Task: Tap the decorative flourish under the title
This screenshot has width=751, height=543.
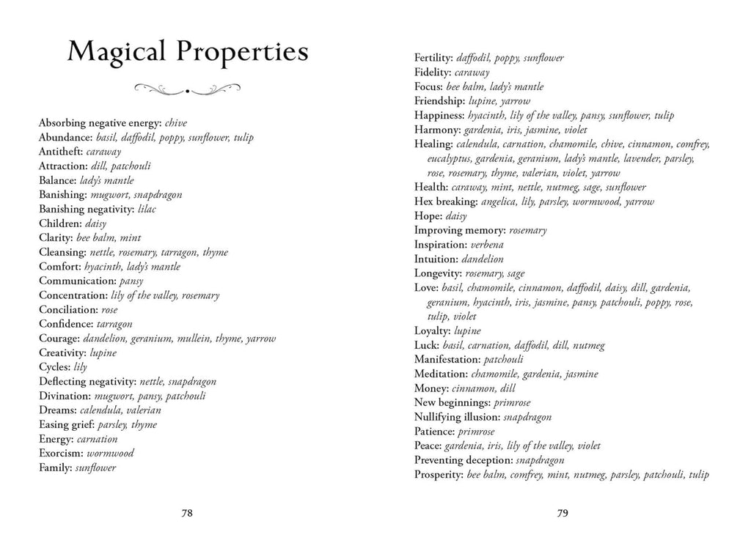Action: click(188, 90)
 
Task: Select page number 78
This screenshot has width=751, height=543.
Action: click(187, 513)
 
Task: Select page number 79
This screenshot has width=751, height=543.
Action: click(563, 513)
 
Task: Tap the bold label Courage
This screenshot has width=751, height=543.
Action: click(59, 339)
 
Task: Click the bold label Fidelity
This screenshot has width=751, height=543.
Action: click(433, 72)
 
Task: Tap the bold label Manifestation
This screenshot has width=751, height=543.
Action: click(447, 359)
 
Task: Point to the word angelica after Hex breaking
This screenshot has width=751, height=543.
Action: click(499, 202)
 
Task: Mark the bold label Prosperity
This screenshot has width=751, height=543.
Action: click(439, 475)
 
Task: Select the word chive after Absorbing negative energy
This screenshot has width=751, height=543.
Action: click(177, 123)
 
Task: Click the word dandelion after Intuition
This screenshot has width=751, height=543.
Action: click(483, 259)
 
